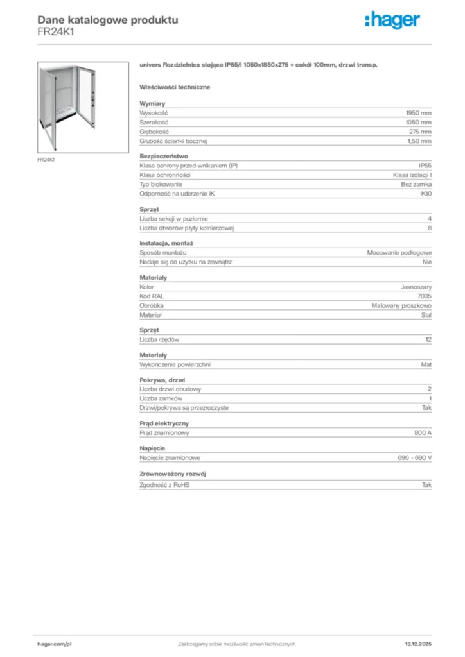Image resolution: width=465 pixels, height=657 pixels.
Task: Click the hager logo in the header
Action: (x=392, y=21)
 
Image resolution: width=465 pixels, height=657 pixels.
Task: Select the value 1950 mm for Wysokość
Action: (x=418, y=112)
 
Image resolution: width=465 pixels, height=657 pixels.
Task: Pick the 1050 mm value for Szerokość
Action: (x=418, y=122)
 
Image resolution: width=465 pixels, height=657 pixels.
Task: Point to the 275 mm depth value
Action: (x=421, y=131)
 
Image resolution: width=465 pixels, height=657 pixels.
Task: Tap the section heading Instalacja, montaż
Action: (x=166, y=243)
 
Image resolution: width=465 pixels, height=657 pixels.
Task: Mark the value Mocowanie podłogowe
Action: (x=399, y=253)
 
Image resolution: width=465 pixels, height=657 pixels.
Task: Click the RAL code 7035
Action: (x=425, y=296)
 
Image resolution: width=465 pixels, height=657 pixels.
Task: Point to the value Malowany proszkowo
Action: (x=401, y=306)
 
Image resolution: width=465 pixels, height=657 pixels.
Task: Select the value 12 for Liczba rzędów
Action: (x=428, y=339)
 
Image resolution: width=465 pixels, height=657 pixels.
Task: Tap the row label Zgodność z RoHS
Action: (x=164, y=485)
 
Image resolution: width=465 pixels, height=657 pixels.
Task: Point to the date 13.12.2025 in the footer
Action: (x=418, y=644)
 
